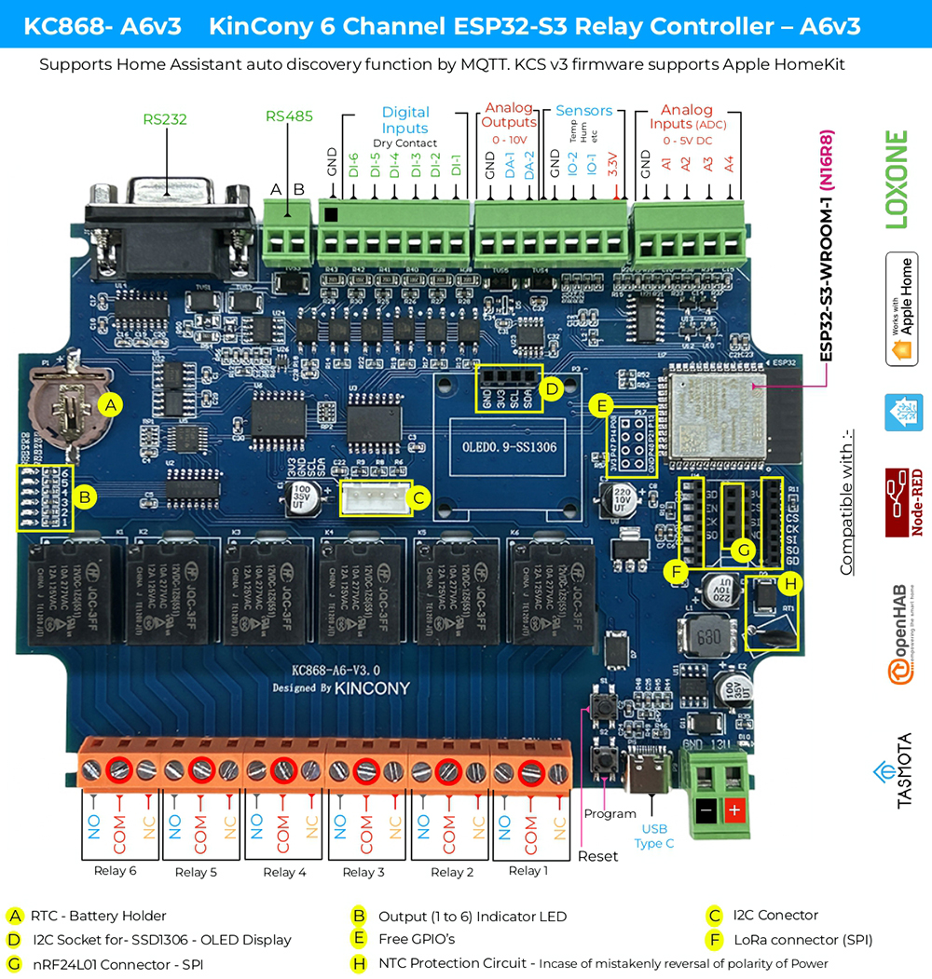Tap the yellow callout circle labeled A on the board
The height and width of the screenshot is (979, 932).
point(111,405)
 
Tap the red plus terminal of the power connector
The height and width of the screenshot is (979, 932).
point(733,810)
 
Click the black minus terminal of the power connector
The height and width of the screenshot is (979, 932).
point(706,810)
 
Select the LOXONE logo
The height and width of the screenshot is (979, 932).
point(896,180)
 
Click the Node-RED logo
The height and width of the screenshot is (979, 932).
point(903,503)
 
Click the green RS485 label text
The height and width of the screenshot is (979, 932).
point(289,116)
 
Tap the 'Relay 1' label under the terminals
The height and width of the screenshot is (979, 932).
point(528,871)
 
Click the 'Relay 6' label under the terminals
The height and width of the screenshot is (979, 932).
point(116,871)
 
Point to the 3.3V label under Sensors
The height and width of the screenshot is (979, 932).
point(611,165)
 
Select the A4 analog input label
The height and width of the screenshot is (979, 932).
point(729,164)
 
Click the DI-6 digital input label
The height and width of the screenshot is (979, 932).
point(353,165)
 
